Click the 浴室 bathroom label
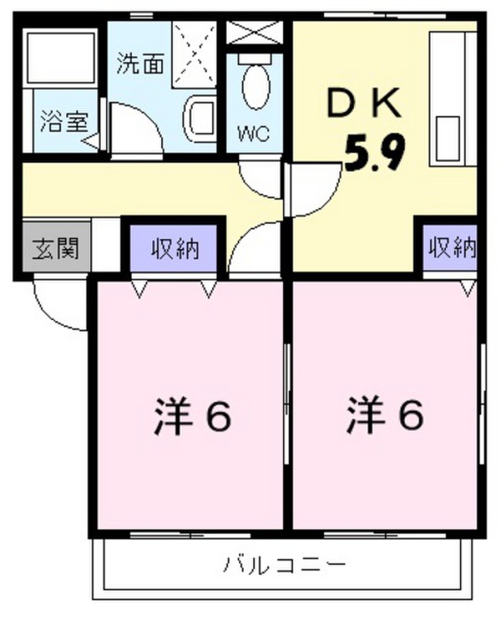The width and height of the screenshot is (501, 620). click(x=64, y=122)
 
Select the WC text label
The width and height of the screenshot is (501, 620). click(x=254, y=134)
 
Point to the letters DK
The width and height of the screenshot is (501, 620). click(x=364, y=104)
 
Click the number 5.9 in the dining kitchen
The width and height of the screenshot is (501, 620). click(x=375, y=152)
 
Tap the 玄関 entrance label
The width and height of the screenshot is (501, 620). click(x=56, y=249)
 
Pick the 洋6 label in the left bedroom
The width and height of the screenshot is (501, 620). click(x=192, y=415)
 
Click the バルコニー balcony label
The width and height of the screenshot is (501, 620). click(x=284, y=564)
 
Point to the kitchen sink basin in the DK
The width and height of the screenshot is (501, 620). click(x=447, y=137)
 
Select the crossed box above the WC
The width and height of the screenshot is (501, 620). click(x=255, y=32)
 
